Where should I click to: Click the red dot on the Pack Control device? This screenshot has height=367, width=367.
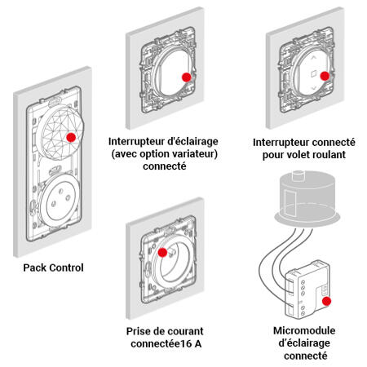click(x=71, y=138)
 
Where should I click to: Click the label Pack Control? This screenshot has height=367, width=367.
click(x=54, y=267)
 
